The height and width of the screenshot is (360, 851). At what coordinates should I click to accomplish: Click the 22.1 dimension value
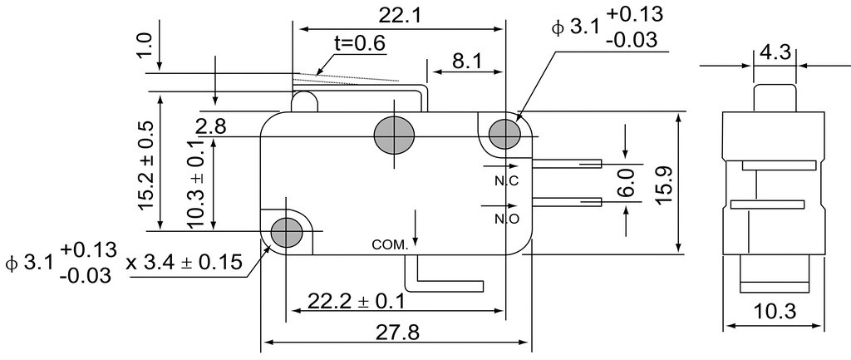pos(400,15)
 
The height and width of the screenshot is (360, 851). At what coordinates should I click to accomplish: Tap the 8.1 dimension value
pos(467,62)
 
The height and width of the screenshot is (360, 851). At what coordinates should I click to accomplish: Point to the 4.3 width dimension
pos(775,52)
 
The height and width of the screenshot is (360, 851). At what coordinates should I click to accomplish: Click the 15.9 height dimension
pos(664,185)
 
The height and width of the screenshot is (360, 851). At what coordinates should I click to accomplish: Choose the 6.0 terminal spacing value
pos(625,183)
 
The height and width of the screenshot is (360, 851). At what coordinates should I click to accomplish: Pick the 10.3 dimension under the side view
pos(775,312)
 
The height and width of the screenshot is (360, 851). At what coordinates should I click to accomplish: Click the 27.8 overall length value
pos(398,333)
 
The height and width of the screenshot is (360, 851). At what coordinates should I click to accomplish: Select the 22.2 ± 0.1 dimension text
pos(356,300)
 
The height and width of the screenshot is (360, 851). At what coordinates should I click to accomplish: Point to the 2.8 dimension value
pos(211,127)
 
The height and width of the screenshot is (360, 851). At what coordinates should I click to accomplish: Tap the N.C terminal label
pos(506,181)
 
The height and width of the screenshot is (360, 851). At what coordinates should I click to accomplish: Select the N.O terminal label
pos(507,219)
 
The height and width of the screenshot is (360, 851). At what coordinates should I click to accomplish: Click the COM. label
pos(390,245)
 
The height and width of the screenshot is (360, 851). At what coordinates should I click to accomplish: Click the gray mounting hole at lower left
pos(286,233)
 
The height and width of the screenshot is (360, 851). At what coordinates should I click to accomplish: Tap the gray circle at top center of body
pos(394,134)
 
